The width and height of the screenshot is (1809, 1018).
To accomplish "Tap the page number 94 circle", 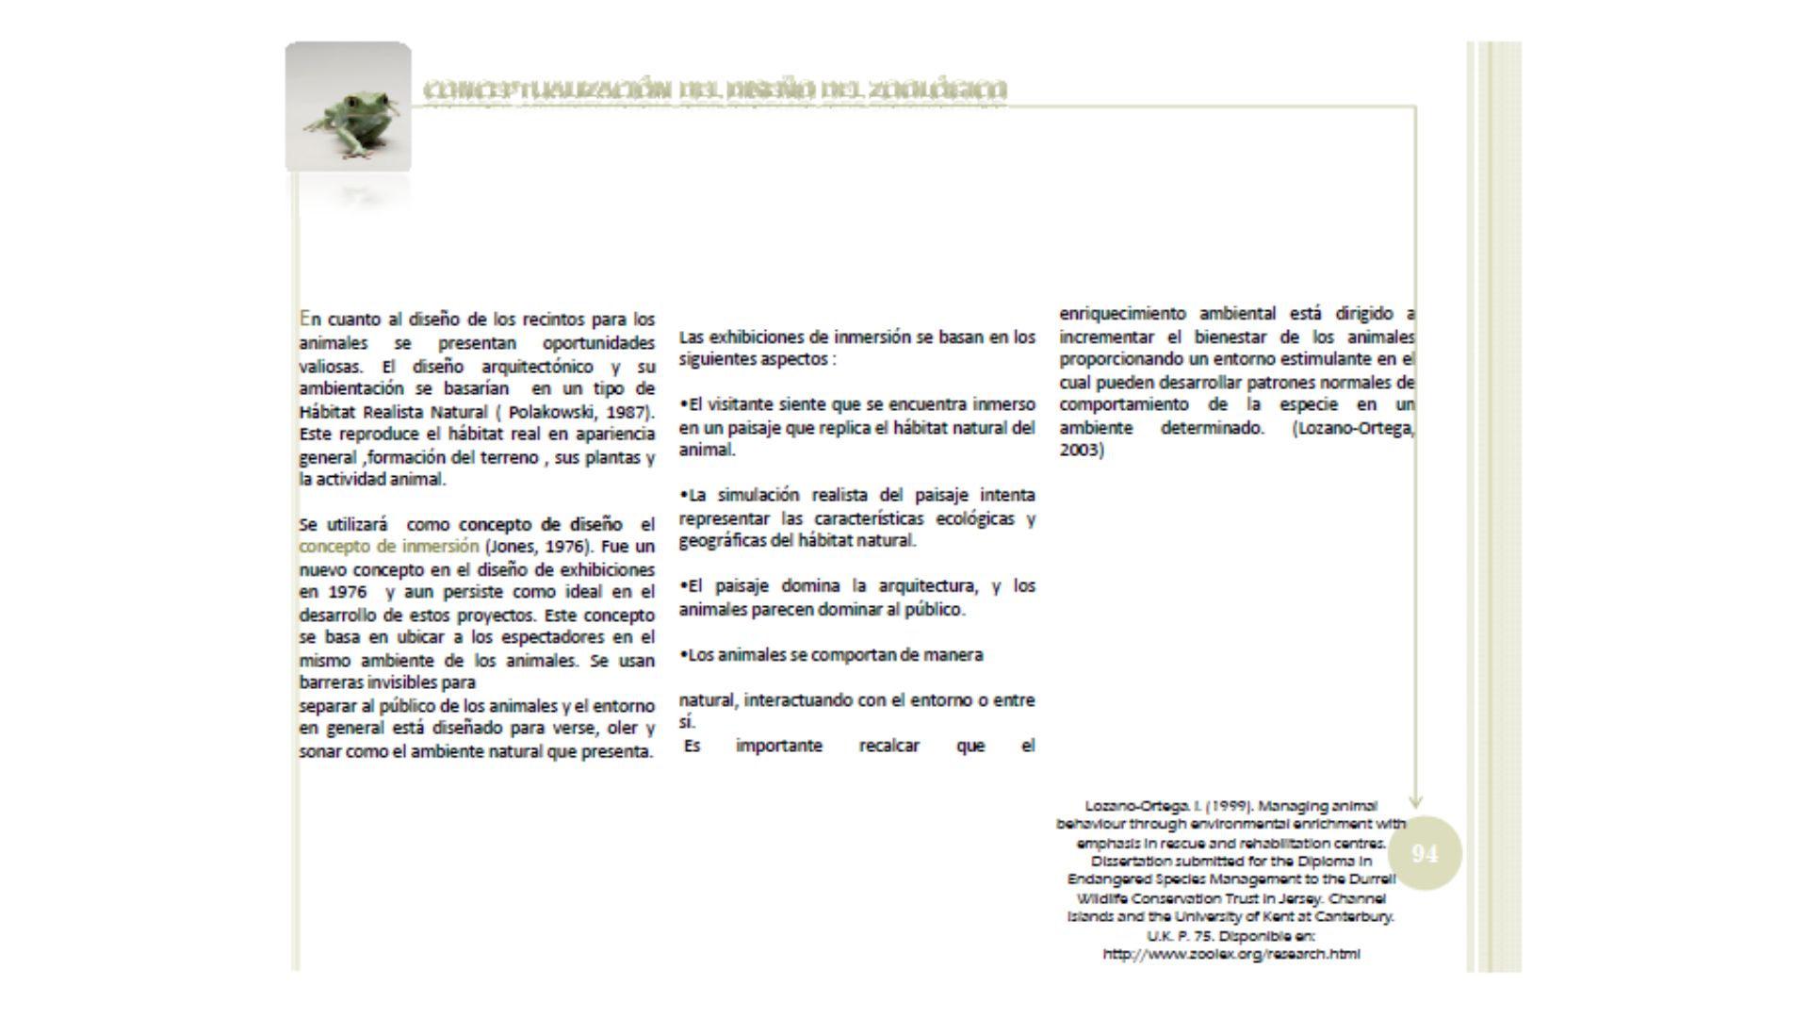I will click(x=1425, y=854).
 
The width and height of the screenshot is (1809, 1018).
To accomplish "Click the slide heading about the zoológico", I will click(x=715, y=90).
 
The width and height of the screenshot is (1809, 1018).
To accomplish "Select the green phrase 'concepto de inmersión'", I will click(x=389, y=547).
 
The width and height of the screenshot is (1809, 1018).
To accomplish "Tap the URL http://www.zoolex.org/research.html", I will click(x=1230, y=954).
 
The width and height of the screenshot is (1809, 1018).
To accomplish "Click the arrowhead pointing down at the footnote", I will click(x=1415, y=801).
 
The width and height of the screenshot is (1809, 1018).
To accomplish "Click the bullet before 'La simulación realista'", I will click(x=683, y=496).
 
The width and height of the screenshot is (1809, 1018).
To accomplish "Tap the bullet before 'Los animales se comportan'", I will click(x=683, y=655).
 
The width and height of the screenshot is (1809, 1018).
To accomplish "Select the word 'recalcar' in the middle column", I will click(x=888, y=747).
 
